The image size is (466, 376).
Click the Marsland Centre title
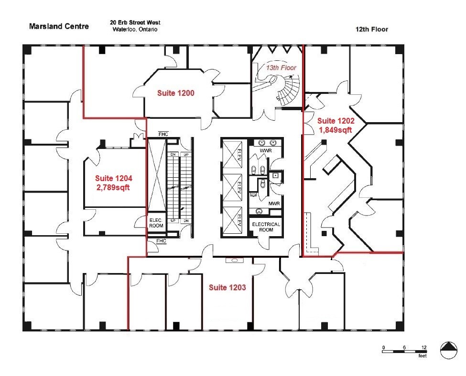(59, 26)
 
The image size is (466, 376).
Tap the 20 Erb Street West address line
(135, 23)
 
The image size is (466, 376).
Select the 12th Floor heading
(371, 29)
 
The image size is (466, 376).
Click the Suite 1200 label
(175, 93)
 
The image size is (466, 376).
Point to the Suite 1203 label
(227, 287)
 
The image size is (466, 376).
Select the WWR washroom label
(265, 151)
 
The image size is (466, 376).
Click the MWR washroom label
(273, 204)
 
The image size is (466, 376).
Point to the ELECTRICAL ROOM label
(266, 227)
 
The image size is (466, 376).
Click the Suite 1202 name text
(336, 121)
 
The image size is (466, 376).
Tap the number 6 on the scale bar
(404, 347)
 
